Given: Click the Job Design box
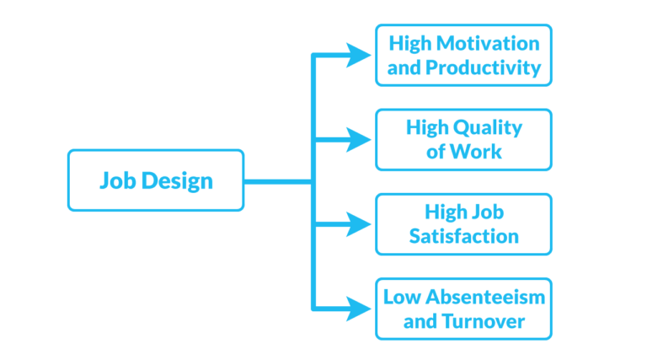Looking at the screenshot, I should (155, 180).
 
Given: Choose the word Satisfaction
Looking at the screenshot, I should (463, 237).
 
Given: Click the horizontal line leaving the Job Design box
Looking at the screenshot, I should (278, 180).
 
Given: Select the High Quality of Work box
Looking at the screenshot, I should (463, 139).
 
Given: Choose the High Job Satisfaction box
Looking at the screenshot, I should (463, 224).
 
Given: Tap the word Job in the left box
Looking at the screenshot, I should (115, 180).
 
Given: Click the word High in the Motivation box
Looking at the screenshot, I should (409, 42).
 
